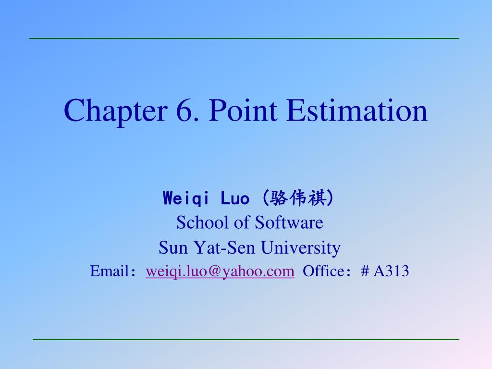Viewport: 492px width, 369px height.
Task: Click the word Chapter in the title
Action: pyautogui.click(x=115, y=111)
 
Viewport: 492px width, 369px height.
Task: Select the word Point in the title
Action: pyautogui.click(x=243, y=110)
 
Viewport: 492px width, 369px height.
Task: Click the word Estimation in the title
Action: pyautogui.click(x=357, y=110)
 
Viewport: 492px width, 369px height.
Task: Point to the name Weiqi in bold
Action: pyautogui.click(x=186, y=198)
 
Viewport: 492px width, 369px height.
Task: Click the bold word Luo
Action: pyautogui.click(x=235, y=198)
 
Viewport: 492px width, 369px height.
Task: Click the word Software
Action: pyautogui.click(x=289, y=222)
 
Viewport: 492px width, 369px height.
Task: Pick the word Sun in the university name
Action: pyautogui.click(x=173, y=247)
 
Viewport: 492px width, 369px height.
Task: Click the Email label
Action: pyautogui.click(x=110, y=271)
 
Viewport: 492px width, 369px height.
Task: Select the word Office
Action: pyautogui.click(x=324, y=271)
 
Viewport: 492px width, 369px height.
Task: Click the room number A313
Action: pyautogui.click(x=391, y=271)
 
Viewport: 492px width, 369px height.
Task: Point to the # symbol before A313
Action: pyautogui.click(x=365, y=271)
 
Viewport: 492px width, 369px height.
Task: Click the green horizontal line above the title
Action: pyautogui.click(x=244, y=38)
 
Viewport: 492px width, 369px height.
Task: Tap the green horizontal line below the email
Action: pyautogui.click(x=246, y=339)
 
